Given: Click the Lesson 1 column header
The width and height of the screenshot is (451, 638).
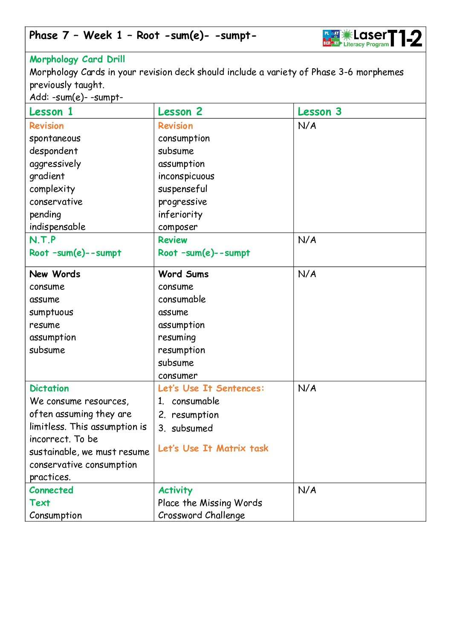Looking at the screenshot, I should coord(51,112).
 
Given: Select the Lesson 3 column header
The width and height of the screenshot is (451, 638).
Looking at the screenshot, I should coord(319,112).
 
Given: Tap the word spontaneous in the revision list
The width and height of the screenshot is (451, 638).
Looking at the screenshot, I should coord(55,139).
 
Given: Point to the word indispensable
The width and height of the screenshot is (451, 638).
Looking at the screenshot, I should coord(58,227).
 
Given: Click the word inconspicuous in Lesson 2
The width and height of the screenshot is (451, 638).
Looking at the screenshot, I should coord(186,176).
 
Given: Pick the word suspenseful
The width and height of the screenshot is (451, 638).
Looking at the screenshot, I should coord(182,189).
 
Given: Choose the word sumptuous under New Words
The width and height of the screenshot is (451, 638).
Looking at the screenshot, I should coord(51,312).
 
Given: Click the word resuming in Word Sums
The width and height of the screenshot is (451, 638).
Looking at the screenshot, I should coord(177,338).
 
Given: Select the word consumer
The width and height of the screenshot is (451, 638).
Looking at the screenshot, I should coord(178,375).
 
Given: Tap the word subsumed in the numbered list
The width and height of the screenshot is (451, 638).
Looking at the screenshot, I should coord(192,428).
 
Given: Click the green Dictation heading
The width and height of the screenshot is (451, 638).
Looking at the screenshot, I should coord(49,388).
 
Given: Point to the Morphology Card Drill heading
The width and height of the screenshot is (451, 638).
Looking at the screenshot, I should coord(77,59).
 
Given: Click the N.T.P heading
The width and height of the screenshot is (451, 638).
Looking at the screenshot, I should coord(42,240).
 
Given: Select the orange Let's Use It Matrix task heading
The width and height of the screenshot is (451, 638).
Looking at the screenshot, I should coord(213,448).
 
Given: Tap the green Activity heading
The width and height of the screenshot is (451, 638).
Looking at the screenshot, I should coord(175,490).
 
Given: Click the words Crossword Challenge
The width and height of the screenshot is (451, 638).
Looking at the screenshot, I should coord(201,515).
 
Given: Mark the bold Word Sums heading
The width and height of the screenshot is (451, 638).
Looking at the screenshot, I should coord(183,274).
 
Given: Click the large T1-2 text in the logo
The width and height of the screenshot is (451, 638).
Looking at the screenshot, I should coord(405,38).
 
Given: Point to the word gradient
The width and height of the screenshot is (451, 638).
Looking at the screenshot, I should coord(47,176).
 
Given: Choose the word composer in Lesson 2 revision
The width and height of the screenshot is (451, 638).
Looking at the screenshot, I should coord(178,227).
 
